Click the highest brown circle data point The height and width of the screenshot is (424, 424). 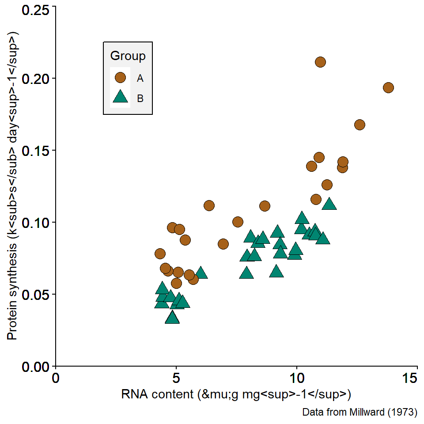click(x=320, y=62)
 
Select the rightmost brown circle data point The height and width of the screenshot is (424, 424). click(x=388, y=87)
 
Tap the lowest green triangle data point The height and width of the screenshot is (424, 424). click(x=172, y=317)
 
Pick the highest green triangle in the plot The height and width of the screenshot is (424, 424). click(x=329, y=204)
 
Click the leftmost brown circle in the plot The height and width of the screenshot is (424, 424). click(x=160, y=254)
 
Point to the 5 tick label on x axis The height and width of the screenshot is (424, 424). click(x=176, y=379)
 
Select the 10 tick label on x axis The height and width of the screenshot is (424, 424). click(x=297, y=379)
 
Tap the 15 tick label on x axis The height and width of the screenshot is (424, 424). click(x=417, y=379)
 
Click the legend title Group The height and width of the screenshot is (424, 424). click(x=128, y=56)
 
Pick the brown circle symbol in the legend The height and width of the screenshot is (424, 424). click(x=120, y=78)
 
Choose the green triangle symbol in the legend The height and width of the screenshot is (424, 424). click(x=120, y=98)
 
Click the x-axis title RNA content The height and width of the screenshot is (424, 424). click(x=236, y=394)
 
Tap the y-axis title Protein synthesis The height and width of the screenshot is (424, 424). click(x=12, y=185)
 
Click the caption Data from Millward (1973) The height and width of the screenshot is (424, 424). click(x=360, y=413)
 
